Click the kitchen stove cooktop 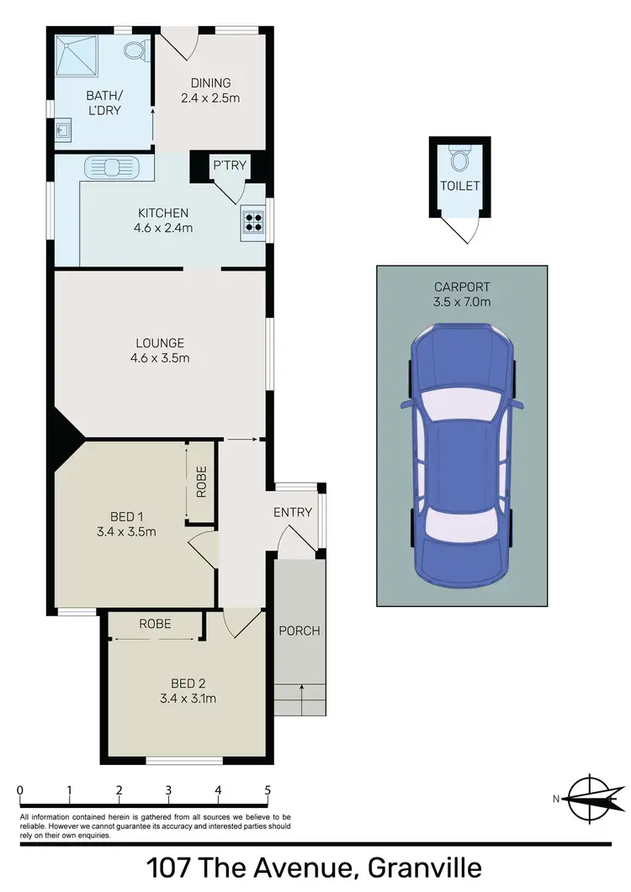253,220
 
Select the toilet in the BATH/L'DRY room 135,50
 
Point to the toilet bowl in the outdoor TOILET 459,159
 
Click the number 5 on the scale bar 268,790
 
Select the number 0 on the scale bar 19,790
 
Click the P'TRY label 230,165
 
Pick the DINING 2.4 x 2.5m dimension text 210,97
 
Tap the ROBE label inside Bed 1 201,482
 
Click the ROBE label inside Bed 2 156,624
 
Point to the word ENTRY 293,512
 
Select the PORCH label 300,631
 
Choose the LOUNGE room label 160,342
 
